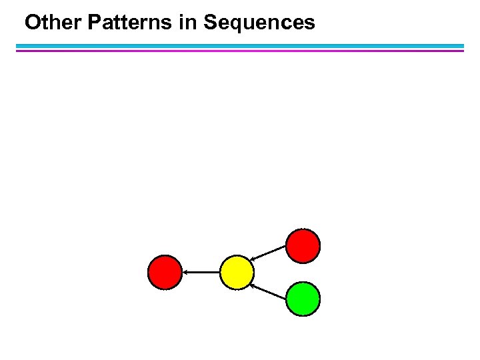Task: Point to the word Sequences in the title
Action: [x=259, y=23]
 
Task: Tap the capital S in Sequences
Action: [x=211, y=23]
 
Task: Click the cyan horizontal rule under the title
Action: [x=240, y=46]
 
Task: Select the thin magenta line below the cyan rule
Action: [x=240, y=51]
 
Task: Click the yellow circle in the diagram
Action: [x=237, y=273]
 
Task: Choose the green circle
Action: [x=303, y=298]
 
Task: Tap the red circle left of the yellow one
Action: [x=165, y=273]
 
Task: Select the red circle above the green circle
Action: [x=303, y=245]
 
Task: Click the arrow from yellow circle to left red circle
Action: [x=201, y=272]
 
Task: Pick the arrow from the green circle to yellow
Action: [x=269, y=290]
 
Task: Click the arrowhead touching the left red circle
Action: [x=186, y=272]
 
